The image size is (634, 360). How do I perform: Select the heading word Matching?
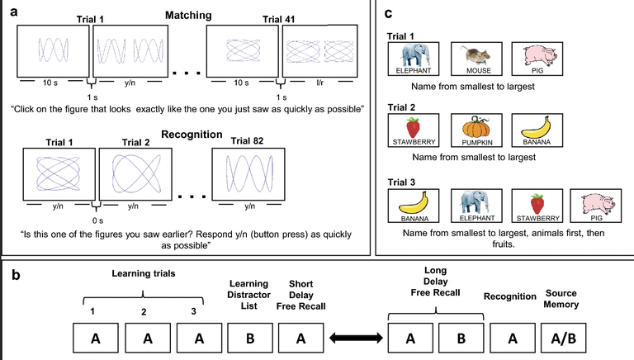(x=187, y=15)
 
